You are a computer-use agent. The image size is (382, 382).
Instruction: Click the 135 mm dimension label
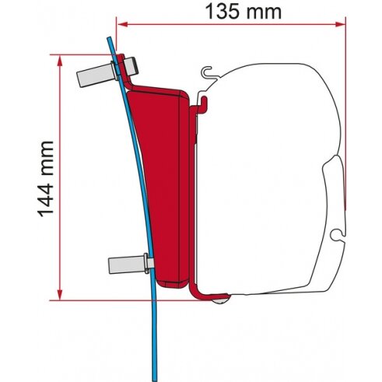tap(243, 12)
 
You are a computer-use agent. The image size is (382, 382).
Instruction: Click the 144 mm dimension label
tap(46, 179)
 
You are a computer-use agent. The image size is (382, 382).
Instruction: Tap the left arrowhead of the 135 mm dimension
tap(122, 24)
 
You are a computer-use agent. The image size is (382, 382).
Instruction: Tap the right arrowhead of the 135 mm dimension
tap(340, 24)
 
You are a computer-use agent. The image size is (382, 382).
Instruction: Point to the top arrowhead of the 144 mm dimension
tap(60, 61)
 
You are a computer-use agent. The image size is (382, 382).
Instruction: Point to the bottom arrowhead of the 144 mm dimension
tap(60, 294)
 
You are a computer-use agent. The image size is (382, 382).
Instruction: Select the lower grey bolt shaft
tap(126, 265)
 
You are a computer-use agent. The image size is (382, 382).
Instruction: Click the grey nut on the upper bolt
tap(131, 66)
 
